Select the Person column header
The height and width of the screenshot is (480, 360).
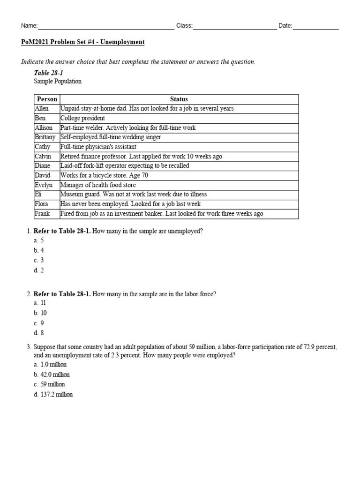47,99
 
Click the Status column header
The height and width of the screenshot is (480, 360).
179,99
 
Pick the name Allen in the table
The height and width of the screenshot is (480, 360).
42,108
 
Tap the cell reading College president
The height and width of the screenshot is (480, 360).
83,118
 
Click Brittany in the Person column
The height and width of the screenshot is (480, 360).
45,137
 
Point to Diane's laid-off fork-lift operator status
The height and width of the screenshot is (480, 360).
125,166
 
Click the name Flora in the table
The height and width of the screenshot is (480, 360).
42,204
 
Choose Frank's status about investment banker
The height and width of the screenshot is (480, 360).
162,214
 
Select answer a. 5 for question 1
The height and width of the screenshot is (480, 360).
39,240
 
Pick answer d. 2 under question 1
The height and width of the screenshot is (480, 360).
39,270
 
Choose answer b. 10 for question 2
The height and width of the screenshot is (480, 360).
40,313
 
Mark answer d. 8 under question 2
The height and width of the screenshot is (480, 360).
39,333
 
